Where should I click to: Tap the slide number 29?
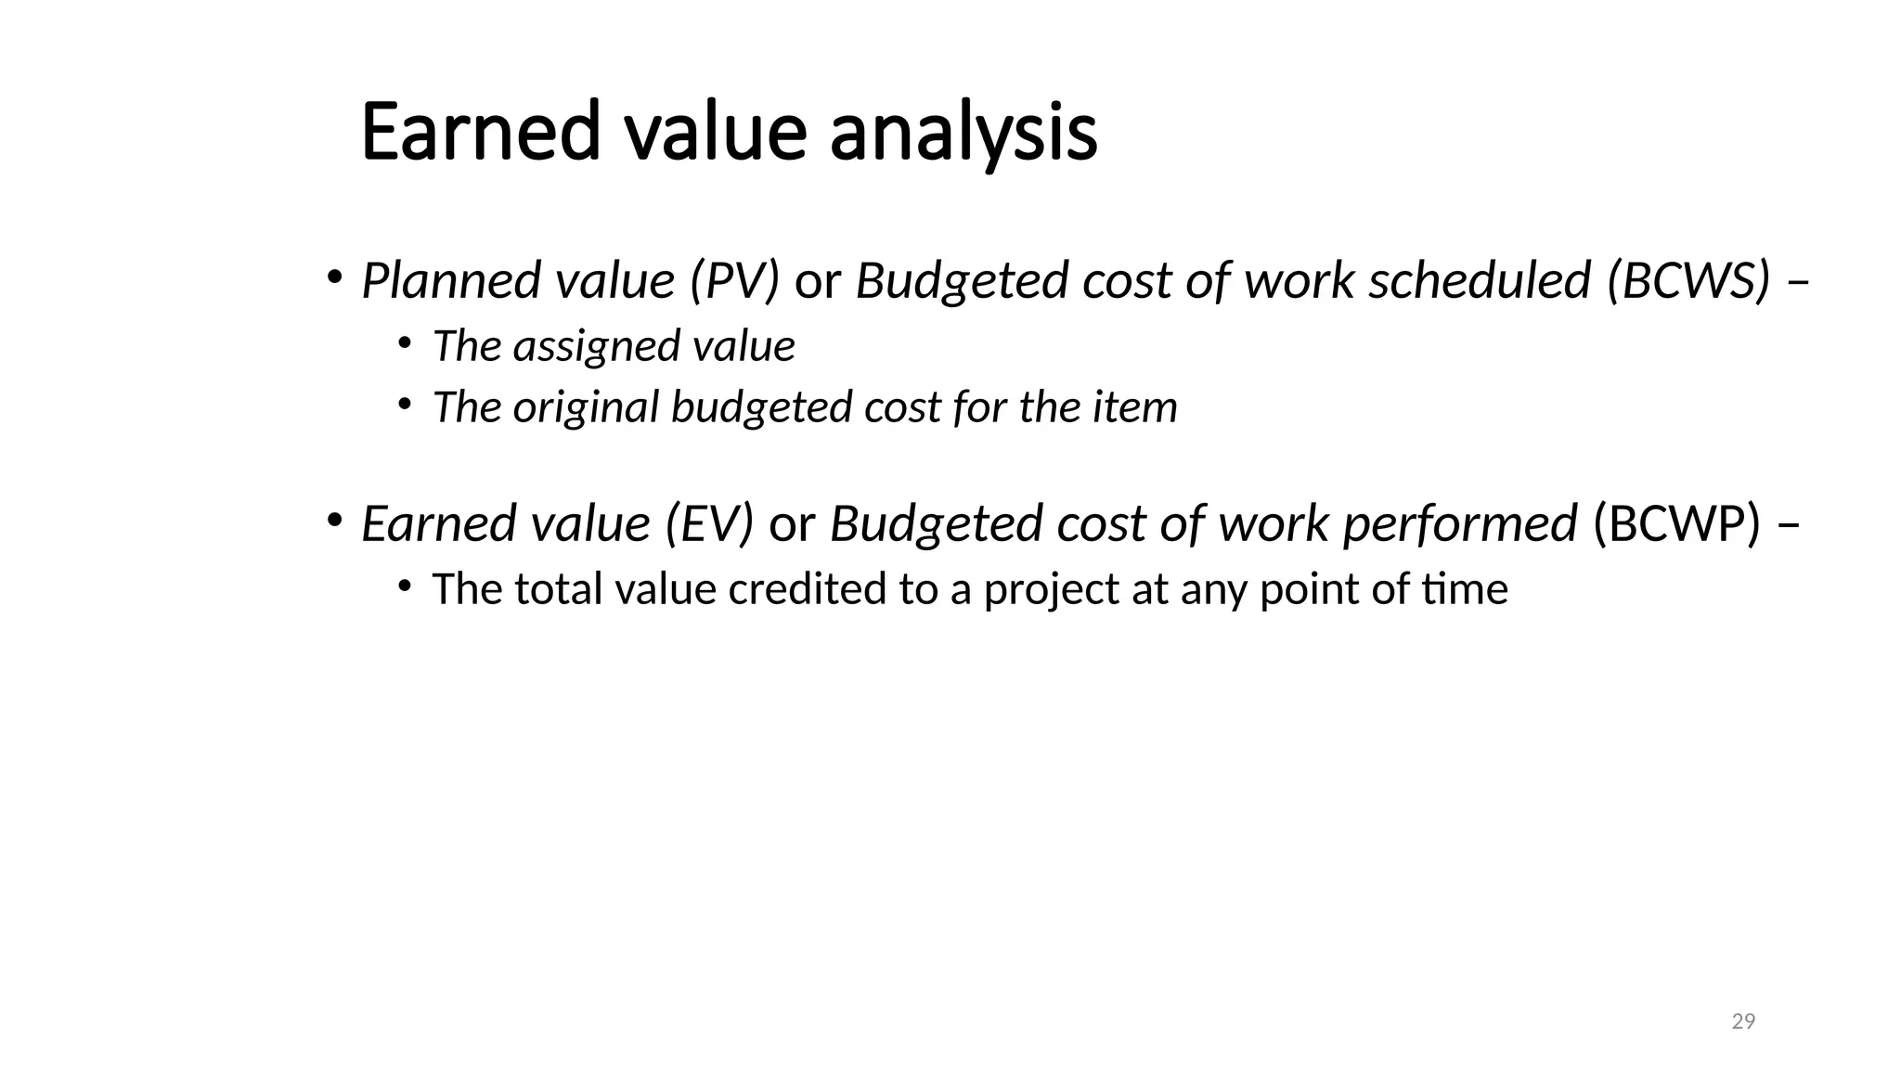(x=1743, y=1022)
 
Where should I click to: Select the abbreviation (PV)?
(x=734, y=280)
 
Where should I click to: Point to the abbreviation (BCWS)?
(x=1688, y=280)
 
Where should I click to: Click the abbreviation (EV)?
(x=709, y=523)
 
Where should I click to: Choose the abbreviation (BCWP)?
(x=1676, y=523)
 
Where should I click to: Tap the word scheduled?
(x=1480, y=280)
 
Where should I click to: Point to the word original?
(x=586, y=407)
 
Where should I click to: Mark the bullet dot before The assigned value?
(x=404, y=343)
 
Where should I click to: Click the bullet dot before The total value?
(x=404, y=586)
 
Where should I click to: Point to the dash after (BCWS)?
(x=1798, y=282)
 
